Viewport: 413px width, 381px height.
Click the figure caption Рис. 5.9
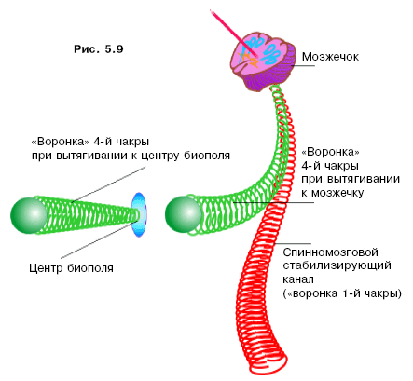tap(99, 49)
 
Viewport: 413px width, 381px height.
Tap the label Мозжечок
tap(330, 57)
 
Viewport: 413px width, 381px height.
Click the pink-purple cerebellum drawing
tap(263, 63)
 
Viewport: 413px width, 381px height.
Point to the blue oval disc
tap(139, 214)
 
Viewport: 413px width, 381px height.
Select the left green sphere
tap(29, 215)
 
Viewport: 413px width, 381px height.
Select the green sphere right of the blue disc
tap(184, 214)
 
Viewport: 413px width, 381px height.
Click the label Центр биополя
tap(71, 268)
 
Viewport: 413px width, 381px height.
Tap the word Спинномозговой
tap(330, 252)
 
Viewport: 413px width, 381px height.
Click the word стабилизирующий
tap(337, 266)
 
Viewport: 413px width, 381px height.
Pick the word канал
tap(298, 279)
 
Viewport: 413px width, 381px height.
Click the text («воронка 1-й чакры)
tap(342, 293)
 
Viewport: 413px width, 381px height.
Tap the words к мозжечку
tap(333, 193)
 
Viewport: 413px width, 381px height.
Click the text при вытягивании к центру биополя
tap(131, 156)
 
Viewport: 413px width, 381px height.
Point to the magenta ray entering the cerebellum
tap(233, 34)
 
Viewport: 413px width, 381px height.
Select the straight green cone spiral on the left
tap(90, 214)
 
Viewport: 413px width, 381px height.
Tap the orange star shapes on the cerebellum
tap(248, 59)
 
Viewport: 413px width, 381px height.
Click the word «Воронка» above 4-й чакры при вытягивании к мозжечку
tap(330, 152)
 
